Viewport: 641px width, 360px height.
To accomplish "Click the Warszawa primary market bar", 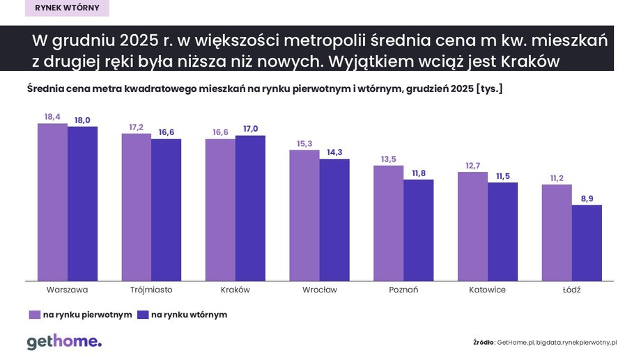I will tap(52, 202).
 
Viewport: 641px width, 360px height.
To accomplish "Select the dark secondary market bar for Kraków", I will tap(250, 208).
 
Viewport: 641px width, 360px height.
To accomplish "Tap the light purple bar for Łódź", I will tap(557, 233).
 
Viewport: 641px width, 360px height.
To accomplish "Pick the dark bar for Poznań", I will tap(418, 230).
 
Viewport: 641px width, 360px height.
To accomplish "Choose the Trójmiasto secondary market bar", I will tap(166, 210).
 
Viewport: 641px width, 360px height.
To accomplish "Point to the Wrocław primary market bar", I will tap(304, 215).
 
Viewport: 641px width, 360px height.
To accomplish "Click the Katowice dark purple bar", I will tap(502, 232).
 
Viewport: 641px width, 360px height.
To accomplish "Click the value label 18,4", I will tap(52, 117).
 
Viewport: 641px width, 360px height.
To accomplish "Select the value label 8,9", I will tap(587, 198).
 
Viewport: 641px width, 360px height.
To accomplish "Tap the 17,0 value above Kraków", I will tap(250, 129).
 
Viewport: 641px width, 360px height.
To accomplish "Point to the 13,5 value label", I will tap(388, 159).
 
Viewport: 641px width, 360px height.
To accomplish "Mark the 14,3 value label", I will tap(334, 152).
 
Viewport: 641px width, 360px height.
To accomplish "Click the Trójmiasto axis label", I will tap(151, 290).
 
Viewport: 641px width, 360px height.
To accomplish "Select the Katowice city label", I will tap(488, 290).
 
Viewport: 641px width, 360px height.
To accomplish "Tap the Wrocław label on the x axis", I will tap(319, 290).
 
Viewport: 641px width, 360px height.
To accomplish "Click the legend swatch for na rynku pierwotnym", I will tap(33, 315).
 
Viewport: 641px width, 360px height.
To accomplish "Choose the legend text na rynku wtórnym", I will tap(189, 315).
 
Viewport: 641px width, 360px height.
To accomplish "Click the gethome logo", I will tap(64, 341).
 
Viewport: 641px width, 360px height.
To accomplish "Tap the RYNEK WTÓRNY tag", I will tap(67, 8).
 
